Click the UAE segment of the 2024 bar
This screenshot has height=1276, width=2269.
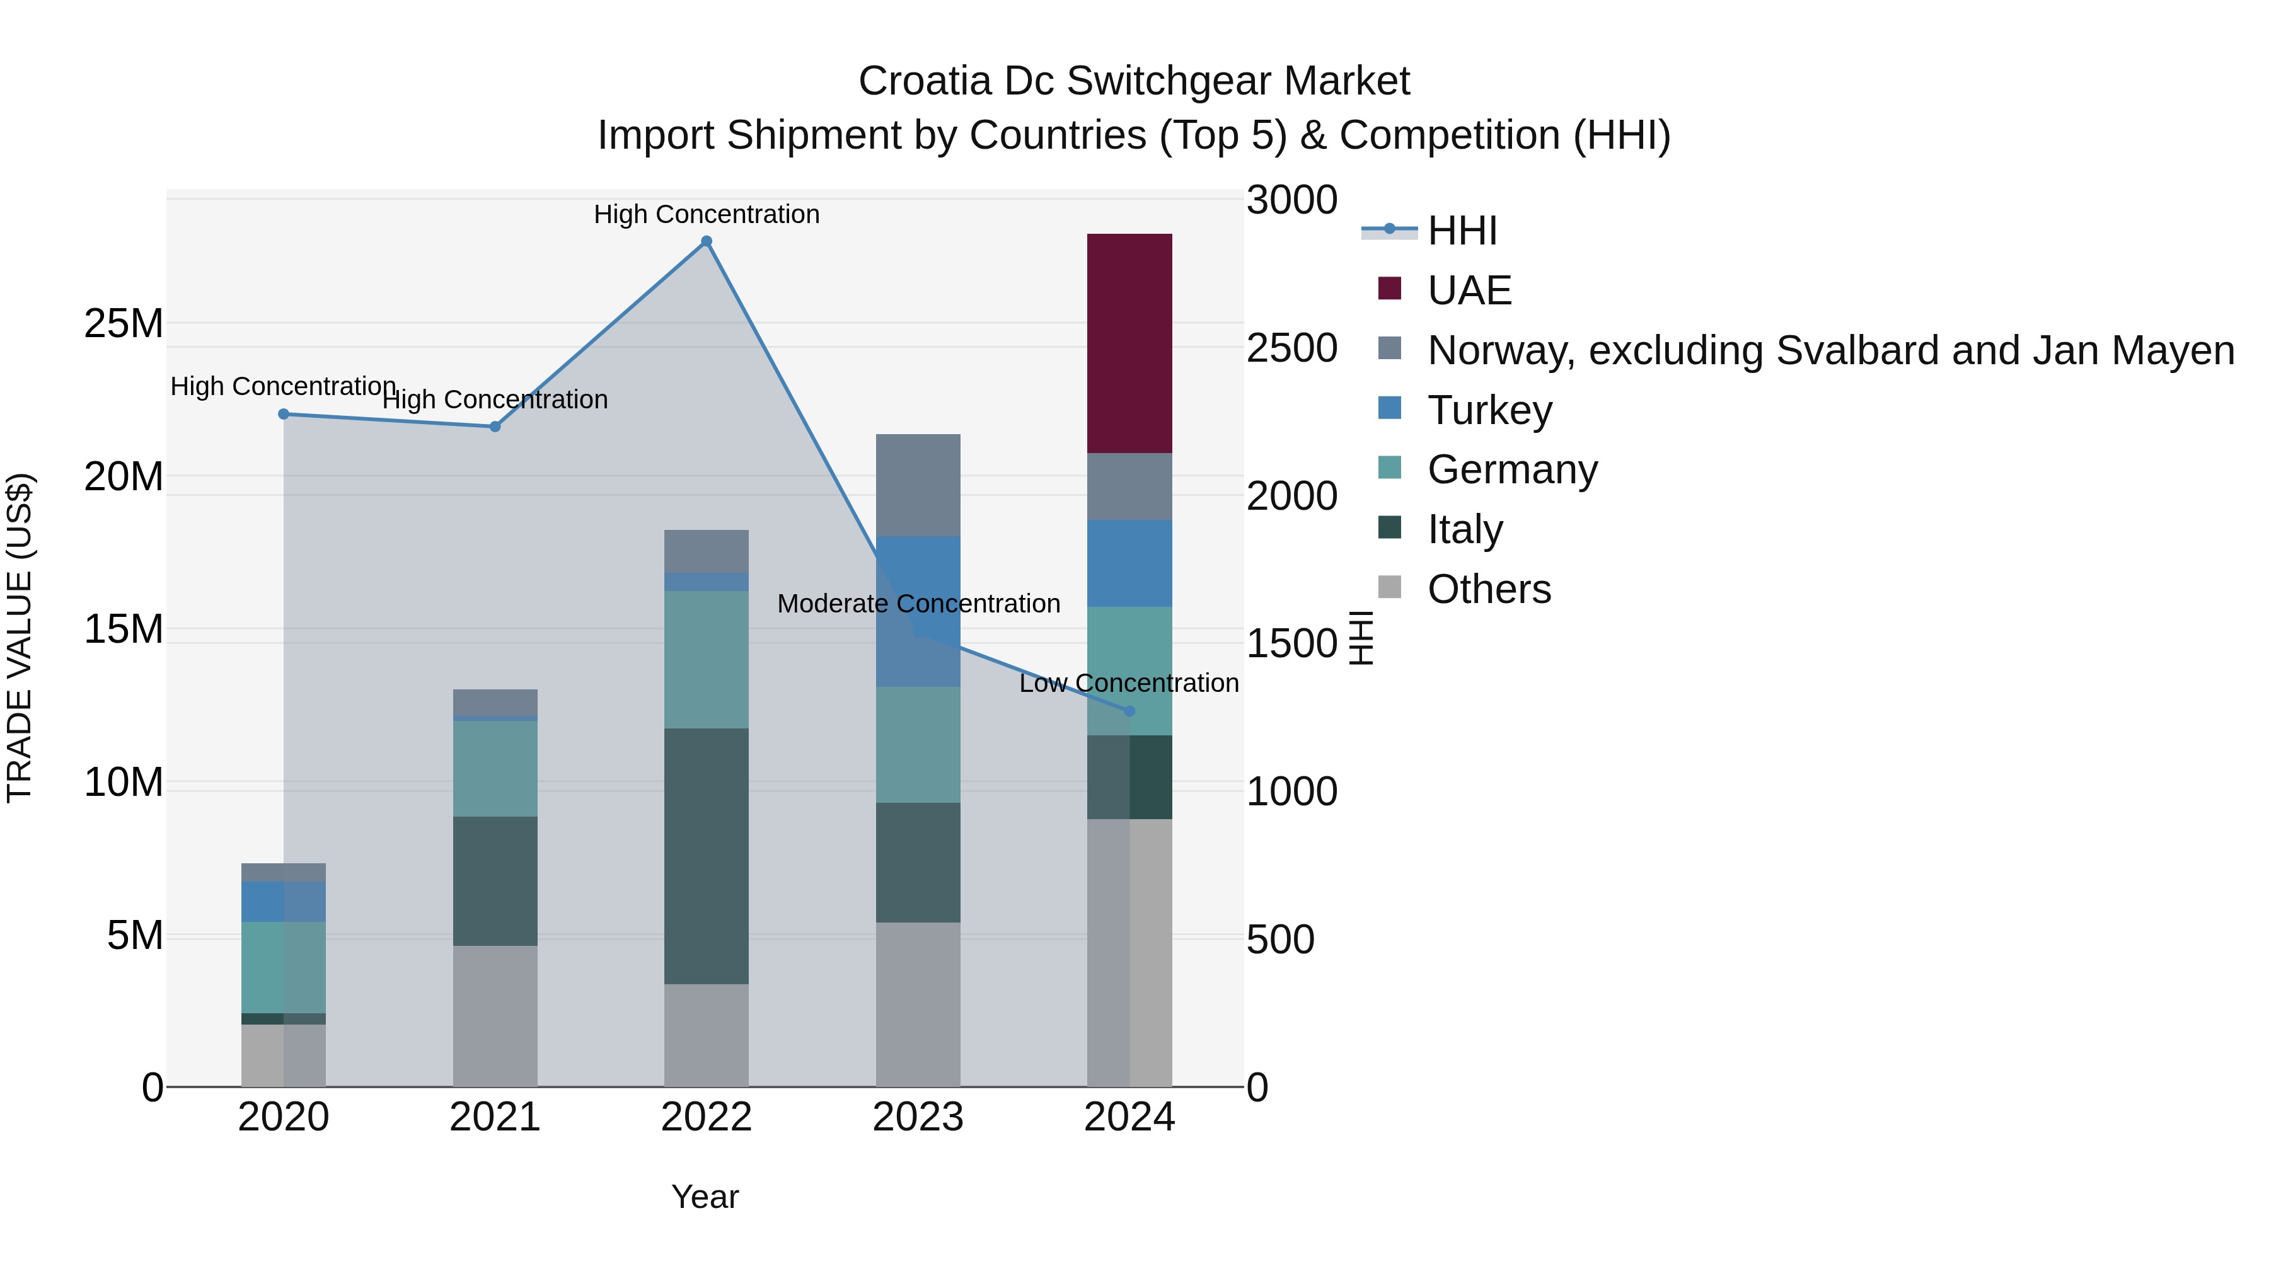point(1129,343)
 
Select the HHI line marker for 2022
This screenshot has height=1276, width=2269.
point(707,241)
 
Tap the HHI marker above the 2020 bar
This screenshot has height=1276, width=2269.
point(284,414)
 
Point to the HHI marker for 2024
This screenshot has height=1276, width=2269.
point(1130,711)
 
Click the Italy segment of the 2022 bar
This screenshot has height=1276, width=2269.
point(707,856)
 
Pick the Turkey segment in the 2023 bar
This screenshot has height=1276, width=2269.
point(918,611)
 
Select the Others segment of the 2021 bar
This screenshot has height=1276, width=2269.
point(495,1016)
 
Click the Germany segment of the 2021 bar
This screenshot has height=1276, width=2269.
point(495,769)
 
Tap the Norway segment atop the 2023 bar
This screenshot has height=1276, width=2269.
point(918,485)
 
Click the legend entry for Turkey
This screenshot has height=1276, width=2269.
point(1489,410)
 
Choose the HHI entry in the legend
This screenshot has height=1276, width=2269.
point(1462,231)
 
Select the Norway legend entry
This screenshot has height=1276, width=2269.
point(1830,350)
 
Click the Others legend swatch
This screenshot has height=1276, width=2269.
point(1389,587)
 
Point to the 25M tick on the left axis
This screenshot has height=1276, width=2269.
point(124,324)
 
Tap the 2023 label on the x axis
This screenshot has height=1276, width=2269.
point(918,1117)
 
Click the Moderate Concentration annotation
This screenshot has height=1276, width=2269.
point(918,604)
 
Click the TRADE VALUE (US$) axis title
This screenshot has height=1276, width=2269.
point(20,638)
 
